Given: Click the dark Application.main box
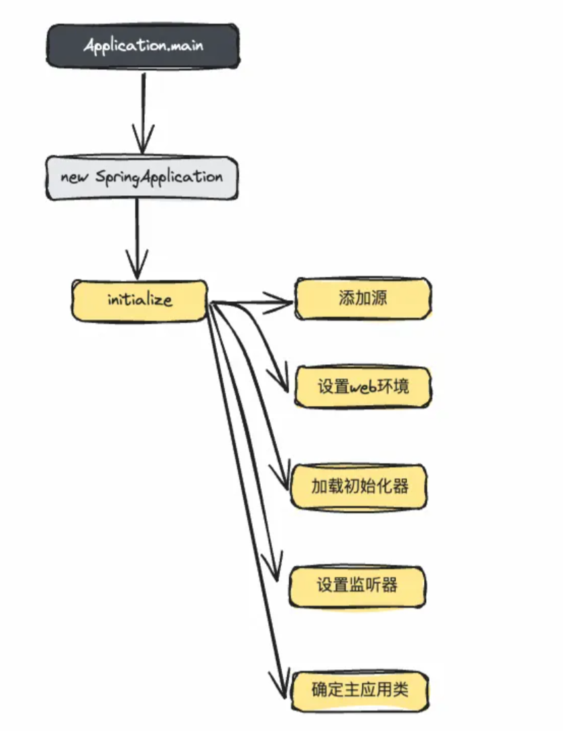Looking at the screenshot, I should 142,46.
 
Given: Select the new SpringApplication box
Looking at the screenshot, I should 142,178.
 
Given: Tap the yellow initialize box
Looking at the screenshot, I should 140,300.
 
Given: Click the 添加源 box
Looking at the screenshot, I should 362,298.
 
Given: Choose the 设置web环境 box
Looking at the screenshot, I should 362,387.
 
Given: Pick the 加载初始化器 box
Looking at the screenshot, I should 360,486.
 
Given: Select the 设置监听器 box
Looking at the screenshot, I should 357,586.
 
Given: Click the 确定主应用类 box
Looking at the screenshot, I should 360,690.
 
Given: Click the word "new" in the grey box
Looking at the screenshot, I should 75,178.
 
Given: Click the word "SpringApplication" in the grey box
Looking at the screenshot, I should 159,178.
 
